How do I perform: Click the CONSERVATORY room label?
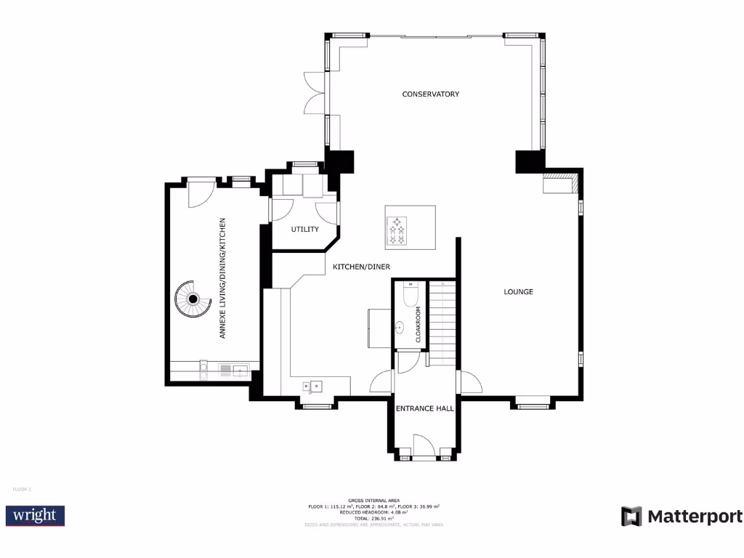[x=431, y=94]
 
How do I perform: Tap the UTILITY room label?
[x=305, y=230]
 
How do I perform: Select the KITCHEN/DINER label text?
[x=362, y=267]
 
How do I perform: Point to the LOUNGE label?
[x=519, y=292]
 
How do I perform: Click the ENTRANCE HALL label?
[x=425, y=408]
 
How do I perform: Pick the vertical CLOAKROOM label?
[x=418, y=324]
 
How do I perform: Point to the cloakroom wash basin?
[x=400, y=328]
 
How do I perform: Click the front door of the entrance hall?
[x=424, y=445]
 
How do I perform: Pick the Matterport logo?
[x=682, y=517]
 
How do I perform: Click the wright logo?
[x=36, y=516]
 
